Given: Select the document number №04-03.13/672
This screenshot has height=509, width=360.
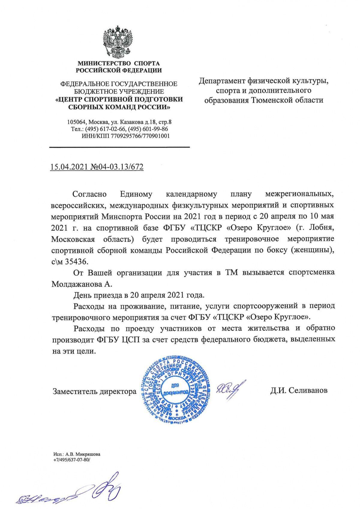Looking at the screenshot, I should [x=117, y=167].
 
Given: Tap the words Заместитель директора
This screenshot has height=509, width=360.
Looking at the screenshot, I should [x=94, y=391].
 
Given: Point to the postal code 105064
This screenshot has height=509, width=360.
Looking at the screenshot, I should [x=76, y=122].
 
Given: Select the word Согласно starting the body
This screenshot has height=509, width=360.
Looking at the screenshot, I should [x=90, y=194].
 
